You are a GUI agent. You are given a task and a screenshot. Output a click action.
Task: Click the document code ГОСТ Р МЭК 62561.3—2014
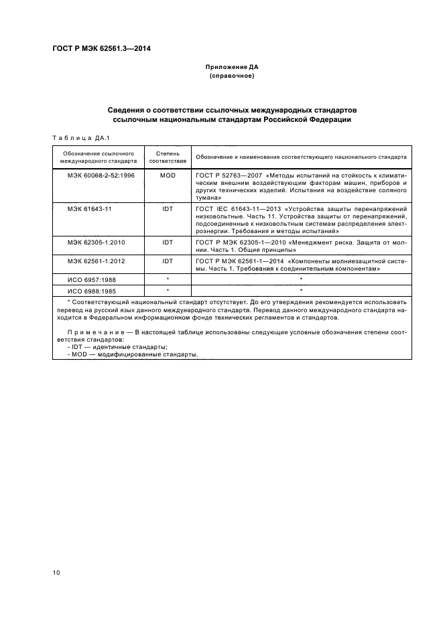(101, 48)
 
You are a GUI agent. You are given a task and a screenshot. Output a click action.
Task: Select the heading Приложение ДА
(231, 68)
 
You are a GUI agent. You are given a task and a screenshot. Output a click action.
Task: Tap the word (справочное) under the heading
(231, 76)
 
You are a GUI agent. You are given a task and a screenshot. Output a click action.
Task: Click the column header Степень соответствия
(167, 157)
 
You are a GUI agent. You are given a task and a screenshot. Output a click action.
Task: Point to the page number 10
(56, 572)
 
